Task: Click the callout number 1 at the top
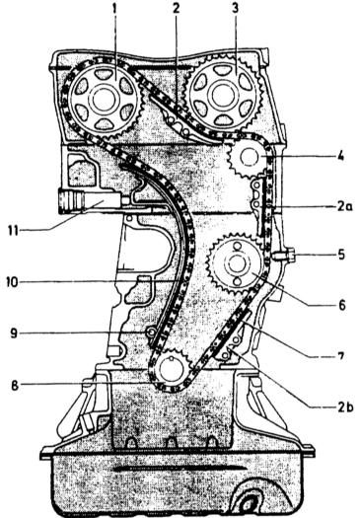tap(114, 9)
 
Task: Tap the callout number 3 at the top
tap(235, 9)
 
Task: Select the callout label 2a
tap(345, 207)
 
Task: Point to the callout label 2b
tap(345, 407)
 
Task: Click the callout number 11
tap(13, 231)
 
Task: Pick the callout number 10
tap(14, 283)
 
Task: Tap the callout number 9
tap(14, 333)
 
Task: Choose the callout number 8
tap(15, 386)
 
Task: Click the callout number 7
tap(340, 355)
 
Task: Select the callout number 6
tap(341, 305)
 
